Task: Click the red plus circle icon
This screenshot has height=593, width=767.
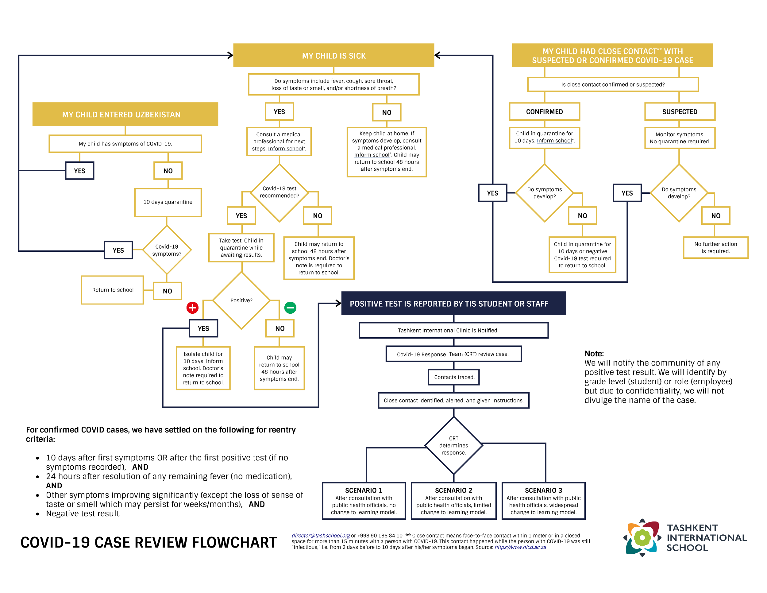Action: pos(192,308)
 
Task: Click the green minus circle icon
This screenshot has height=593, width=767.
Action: pos(290,308)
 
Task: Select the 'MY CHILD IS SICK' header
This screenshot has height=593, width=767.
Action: pos(333,56)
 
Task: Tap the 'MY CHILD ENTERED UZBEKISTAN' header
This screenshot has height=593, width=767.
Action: pos(125,114)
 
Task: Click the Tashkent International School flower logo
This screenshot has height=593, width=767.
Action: pos(642,538)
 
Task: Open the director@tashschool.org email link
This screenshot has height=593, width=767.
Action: pos(321,535)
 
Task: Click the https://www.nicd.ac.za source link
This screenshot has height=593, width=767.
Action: pos(520,547)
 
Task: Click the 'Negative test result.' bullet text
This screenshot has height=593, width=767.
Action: pos(83,514)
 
